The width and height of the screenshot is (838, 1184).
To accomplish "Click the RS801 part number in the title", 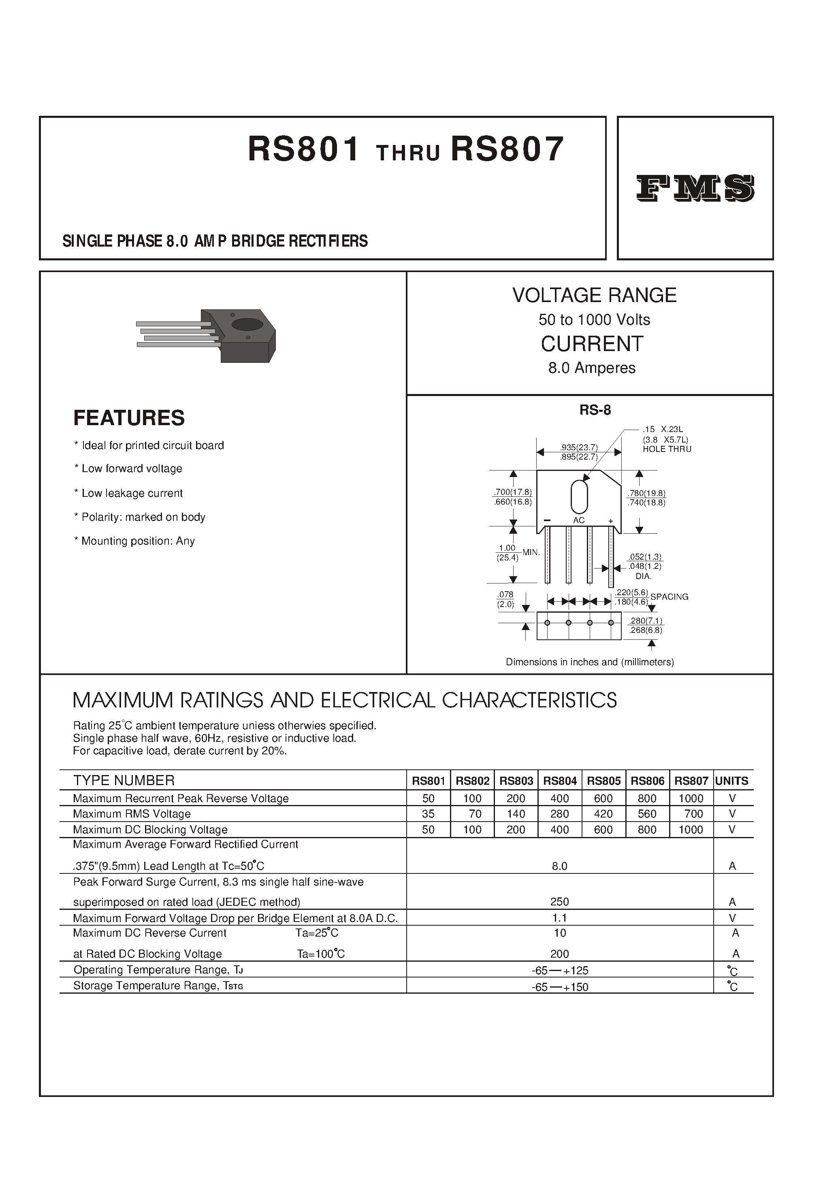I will (303, 149).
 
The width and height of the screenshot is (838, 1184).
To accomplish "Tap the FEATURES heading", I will (129, 418).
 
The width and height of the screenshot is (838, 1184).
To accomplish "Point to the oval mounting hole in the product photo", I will (248, 324).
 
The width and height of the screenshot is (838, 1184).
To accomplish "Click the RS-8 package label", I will (595, 410).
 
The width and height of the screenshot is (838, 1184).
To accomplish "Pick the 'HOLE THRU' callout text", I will (667, 449).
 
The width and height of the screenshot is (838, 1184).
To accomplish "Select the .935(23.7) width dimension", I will (579, 447).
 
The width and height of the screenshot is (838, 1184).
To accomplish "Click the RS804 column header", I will (559, 781).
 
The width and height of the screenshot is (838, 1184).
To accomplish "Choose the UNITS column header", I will (732, 781).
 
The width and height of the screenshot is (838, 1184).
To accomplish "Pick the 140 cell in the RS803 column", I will (516, 814).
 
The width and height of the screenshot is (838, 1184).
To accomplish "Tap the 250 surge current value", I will (559, 902).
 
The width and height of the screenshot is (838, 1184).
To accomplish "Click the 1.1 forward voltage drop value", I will (559, 918).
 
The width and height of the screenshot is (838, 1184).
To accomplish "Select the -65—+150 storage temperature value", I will (559, 987).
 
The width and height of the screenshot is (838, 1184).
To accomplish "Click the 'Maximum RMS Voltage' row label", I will (132, 814).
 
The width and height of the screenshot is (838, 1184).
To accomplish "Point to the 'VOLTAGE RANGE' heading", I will (594, 295).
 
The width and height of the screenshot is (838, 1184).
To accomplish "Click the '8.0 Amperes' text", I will (592, 368).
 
